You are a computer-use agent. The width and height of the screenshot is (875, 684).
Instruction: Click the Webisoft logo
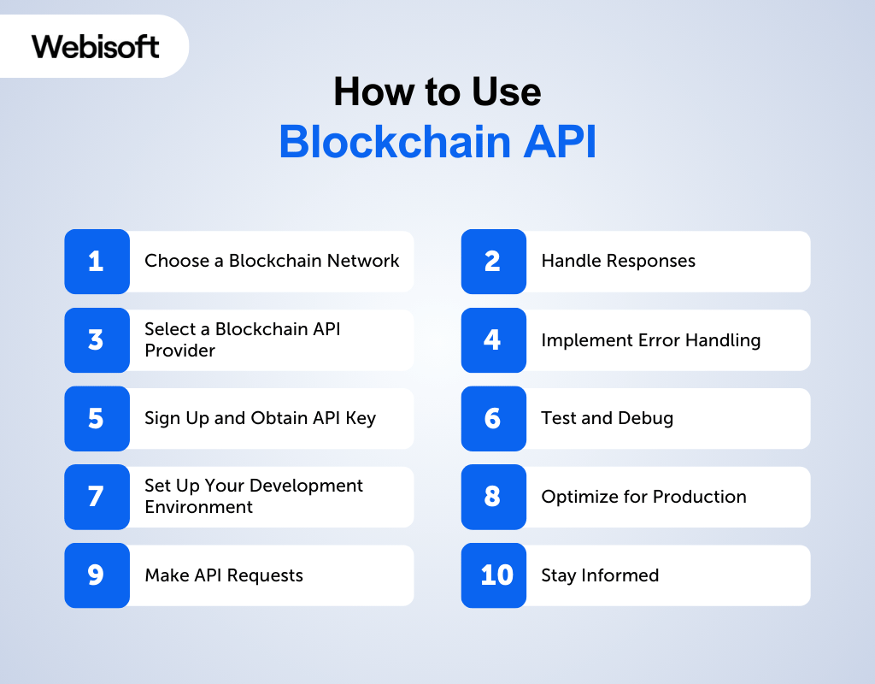point(96,45)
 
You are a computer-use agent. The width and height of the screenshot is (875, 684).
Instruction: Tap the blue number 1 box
point(97,261)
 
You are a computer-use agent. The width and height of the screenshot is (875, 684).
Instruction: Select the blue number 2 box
point(493,261)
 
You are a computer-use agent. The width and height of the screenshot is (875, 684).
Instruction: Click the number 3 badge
point(97,339)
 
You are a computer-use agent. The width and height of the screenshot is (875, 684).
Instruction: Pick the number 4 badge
point(493,339)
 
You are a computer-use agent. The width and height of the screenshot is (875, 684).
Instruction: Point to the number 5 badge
point(97,418)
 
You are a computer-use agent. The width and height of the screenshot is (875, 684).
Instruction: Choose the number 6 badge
point(493,418)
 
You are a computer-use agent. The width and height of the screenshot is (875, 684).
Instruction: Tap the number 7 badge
point(97,497)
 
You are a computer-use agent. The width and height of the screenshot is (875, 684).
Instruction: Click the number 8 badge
point(493,497)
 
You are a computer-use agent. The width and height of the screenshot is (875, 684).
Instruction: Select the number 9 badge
point(97,575)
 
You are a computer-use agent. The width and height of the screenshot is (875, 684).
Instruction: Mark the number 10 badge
point(493,575)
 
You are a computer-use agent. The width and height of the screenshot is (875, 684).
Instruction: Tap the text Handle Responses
point(618,261)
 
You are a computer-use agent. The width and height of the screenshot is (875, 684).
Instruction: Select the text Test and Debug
point(607,418)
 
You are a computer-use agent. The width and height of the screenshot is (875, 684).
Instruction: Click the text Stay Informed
point(600,575)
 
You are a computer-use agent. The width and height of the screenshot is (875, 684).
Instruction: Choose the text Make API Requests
point(224,575)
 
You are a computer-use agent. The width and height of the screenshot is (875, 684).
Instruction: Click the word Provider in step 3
point(179,351)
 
